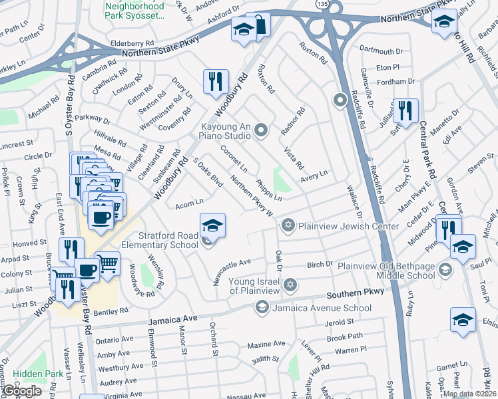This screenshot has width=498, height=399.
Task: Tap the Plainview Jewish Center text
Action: [x=348, y=226]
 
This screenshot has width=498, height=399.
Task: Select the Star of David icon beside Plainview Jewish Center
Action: [x=288, y=225]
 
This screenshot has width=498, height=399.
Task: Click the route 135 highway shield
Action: [x=322, y=5]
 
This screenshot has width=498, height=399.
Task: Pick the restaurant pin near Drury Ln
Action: [x=216, y=81]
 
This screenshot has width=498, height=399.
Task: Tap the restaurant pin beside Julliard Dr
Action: [x=405, y=110]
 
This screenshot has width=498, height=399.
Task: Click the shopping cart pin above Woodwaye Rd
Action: [x=107, y=263]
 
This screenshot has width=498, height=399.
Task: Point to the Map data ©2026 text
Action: [x=469, y=394]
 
